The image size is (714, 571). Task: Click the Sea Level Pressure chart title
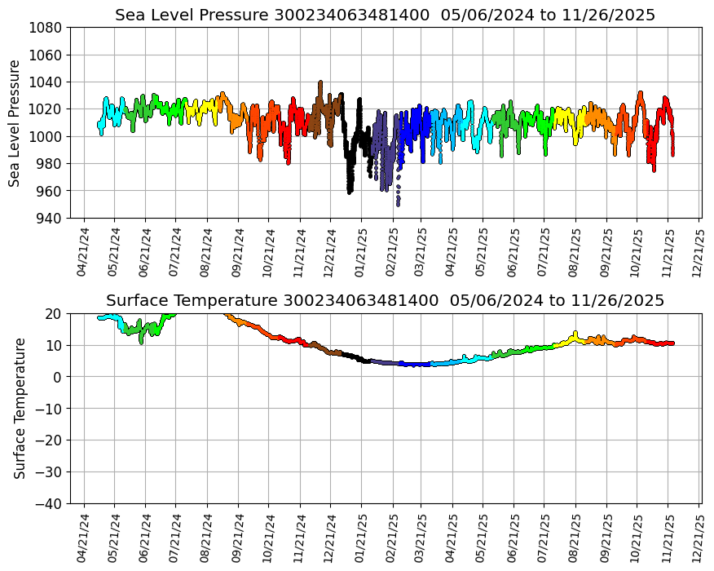click(x=385, y=15)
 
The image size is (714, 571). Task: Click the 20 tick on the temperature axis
click(x=55, y=313)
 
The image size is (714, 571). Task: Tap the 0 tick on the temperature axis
click(x=59, y=377)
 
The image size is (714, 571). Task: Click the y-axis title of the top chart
click(x=15, y=122)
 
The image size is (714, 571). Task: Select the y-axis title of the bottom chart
click(x=20, y=408)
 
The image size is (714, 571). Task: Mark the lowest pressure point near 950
click(x=398, y=204)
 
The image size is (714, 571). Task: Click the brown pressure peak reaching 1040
click(x=320, y=82)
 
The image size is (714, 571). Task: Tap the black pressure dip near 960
click(x=350, y=191)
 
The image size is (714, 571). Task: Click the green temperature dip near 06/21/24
click(x=142, y=341)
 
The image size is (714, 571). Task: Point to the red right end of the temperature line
click(x=672, y=343)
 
